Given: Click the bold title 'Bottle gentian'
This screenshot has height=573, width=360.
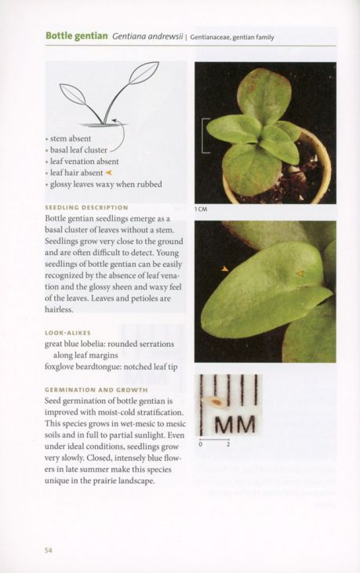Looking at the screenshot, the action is pos(76,36).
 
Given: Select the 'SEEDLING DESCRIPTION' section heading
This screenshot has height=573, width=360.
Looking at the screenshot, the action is pos(87,207).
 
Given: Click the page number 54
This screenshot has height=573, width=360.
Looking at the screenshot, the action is pos(49,549).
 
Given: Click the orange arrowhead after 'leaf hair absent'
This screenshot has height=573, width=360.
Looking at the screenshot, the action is pos(110,173).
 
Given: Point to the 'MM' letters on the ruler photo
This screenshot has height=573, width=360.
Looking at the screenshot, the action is pos(235,424).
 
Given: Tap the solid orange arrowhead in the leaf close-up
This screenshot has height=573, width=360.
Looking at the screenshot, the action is pos(224,268).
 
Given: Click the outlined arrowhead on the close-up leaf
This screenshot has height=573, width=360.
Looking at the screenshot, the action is pos(299,273).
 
